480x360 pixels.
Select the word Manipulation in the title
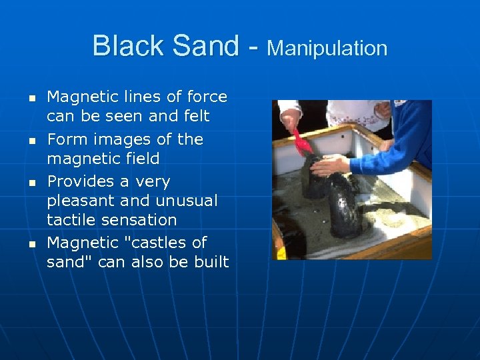coord(327,48)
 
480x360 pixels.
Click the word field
coord(141,159)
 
